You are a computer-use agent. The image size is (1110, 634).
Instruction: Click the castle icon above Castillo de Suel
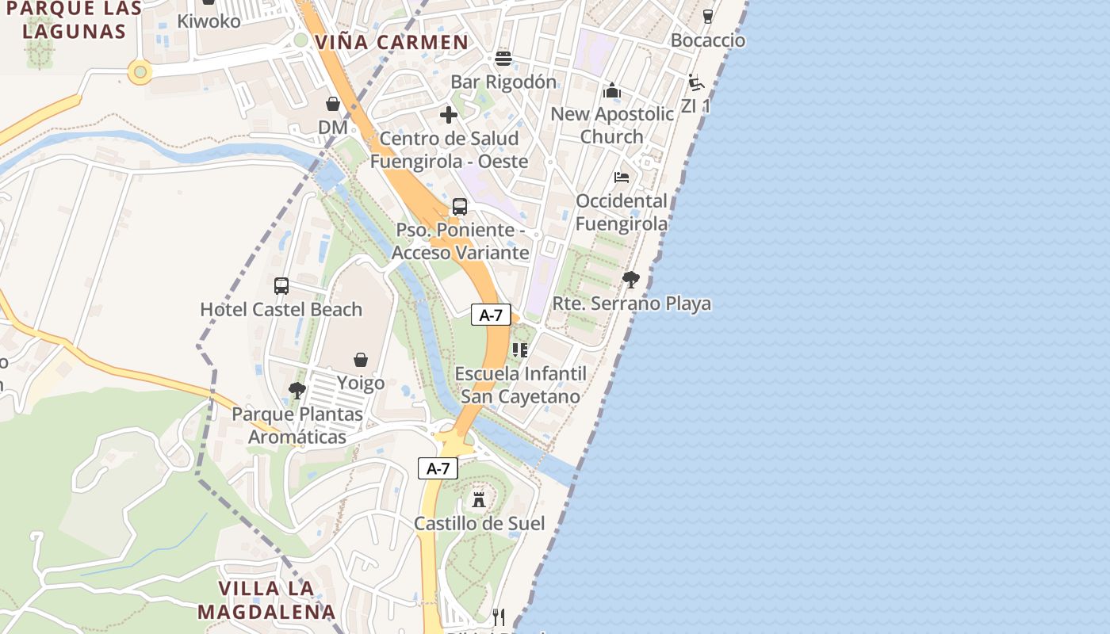coord(479,499)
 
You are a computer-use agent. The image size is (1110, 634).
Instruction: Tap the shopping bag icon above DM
coord(333,104)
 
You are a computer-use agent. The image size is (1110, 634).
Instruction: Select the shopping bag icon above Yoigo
coord(361,360)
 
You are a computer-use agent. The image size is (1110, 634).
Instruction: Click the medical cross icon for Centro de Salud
coord(449,115)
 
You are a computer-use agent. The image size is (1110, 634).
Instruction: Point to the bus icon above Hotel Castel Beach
coord(281,286)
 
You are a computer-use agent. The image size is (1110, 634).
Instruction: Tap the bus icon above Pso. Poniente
coord(459,207)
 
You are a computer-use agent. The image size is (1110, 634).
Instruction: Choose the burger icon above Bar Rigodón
coord(503,59)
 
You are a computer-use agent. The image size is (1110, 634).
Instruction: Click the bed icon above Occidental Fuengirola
coord(622,177)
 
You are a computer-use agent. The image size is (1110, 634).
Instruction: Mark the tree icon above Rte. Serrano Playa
coord(631,279)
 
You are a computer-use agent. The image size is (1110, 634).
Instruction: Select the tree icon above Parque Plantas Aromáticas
coord(297,390)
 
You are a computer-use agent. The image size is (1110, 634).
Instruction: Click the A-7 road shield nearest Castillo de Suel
coord(438,468)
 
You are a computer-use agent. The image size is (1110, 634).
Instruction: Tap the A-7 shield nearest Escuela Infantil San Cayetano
coord(491,315)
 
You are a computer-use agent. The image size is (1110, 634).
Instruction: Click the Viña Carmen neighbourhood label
coord(392,42)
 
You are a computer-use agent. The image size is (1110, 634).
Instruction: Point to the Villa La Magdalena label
coord(266,600)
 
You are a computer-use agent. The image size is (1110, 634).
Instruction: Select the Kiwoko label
coord(209,21)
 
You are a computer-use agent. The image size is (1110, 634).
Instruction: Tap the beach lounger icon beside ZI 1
coord(696,82)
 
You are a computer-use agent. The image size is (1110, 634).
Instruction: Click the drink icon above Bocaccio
coord(708,16)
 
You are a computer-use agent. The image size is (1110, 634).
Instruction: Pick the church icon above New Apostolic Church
coord(611,90)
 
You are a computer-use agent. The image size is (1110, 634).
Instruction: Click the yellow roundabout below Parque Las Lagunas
coord(140,73)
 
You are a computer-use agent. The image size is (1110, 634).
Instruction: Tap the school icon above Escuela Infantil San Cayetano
coord(520,349)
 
